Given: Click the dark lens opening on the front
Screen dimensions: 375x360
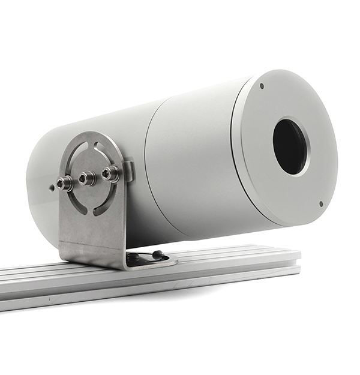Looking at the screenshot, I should click(x=290, y=146).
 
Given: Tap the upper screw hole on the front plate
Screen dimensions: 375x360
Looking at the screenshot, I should click(x=262, y=86).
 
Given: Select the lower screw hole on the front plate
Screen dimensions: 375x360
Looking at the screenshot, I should click(x=321, y=203).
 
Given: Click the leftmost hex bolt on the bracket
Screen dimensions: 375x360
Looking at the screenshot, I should click(x=65, y=182).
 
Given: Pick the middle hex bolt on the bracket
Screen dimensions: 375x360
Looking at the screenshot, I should click(x=88, y=178).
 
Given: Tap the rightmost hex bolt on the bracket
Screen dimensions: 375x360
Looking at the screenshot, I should click(x=110, y=173).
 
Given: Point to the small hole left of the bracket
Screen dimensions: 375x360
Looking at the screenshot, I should click(x=52, y=187).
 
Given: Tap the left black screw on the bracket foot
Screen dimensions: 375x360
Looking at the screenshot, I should click(x=133, y=257).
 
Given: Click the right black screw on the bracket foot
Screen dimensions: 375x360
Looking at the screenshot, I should click(x=157, y=255).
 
